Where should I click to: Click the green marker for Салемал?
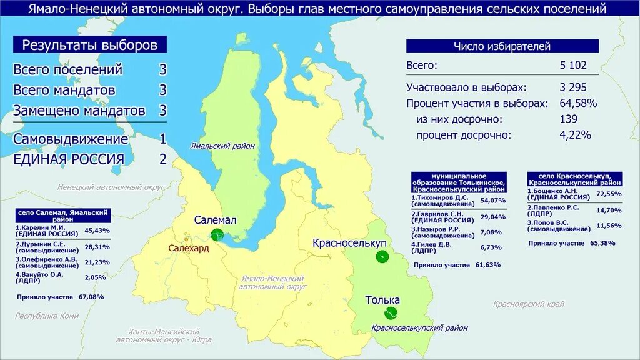pyautogui.click(x=217, y=235)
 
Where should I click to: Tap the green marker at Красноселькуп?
pyautogui.click(x=381, y=256)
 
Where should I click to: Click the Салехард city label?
pyautogui.click(x=188, y=248)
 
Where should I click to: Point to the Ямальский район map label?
pyautogui.click(x=222, y=146)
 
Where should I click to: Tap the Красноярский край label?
pyautogui.click(x=528, y=304)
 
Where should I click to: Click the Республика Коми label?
pyautogui.click(x=47, y=316)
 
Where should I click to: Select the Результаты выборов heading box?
pyautogui.click(x=90, y=45)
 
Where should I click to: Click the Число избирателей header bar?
pyautogui.click(x=502, y=46)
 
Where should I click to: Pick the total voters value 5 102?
pyautogui.click(x=573, y=66)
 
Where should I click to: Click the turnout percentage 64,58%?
pyautogui.click(x=578, y=103)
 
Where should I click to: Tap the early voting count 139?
pyautogui.click(x=569, y=119)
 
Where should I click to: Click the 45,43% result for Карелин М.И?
pyautogui.click(x=97, y=231)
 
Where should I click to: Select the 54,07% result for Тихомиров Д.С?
pyautogui.click(x=492, y=201)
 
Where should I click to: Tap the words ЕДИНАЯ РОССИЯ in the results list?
pyautogui.click(x=69, y=159)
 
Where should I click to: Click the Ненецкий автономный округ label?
pyautogui.click(x=110, y=187)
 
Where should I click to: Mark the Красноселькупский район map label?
pyautogui.click(x=419, y=328)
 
